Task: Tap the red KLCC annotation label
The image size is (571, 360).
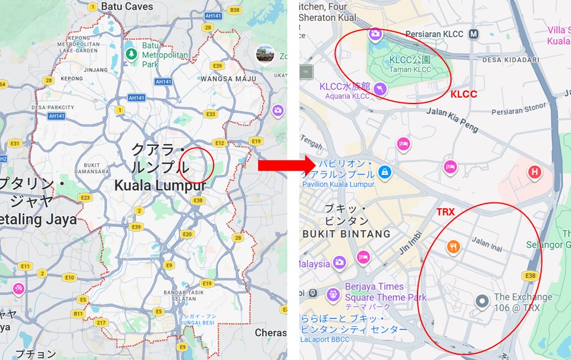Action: pos(463,94)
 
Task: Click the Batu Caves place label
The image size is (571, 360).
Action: pos(127,7)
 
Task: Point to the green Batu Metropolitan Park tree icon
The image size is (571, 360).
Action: pos(131,54)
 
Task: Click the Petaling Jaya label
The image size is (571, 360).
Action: pos(39,220)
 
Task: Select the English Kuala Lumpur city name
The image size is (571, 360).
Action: pos(160,186)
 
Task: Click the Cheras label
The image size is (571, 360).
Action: pos(271,333)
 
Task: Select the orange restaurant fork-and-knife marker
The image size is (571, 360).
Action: pos(453,246)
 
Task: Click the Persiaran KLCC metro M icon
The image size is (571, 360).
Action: pos(473,34)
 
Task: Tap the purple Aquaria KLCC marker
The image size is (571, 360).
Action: pos(379,89)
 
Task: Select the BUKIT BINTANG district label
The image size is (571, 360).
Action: pos(346,234)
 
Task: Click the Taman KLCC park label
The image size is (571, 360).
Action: pos(410,70)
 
